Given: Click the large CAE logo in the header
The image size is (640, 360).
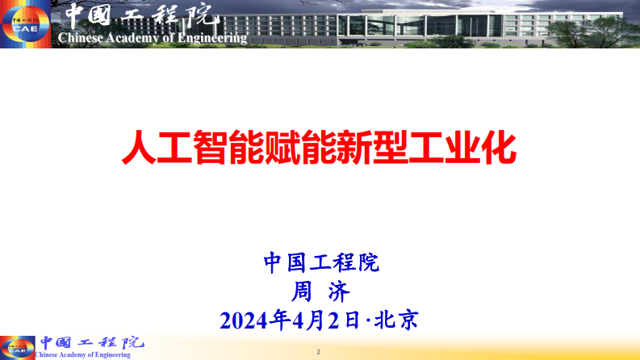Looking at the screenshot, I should coord(24,24).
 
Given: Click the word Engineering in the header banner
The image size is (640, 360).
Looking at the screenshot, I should coord(211,37).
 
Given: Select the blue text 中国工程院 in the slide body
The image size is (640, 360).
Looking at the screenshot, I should coord(320,262).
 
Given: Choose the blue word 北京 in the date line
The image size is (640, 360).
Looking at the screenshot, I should coord(401,320).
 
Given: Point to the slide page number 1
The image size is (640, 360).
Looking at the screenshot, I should coord(320,352).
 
